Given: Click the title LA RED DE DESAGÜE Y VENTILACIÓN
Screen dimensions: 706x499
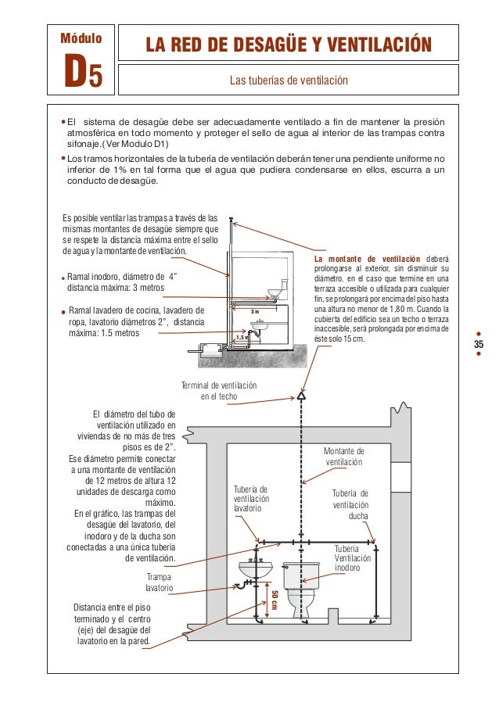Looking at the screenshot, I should point(288,45).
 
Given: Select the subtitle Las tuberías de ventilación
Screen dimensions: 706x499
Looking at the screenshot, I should point(288,81).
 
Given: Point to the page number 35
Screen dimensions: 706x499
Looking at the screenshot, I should point(479,346).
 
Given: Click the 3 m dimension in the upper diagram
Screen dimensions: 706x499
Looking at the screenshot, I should point(253,312).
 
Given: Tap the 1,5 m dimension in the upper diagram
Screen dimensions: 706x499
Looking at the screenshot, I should point(242,338).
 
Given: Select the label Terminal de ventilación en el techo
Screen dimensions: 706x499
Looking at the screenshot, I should point(218,392).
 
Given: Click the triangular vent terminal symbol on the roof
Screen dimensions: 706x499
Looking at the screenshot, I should point(300,396).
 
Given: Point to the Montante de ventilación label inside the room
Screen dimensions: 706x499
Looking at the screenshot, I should point(344,457).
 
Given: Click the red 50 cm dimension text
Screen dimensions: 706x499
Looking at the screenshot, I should point(275,602).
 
